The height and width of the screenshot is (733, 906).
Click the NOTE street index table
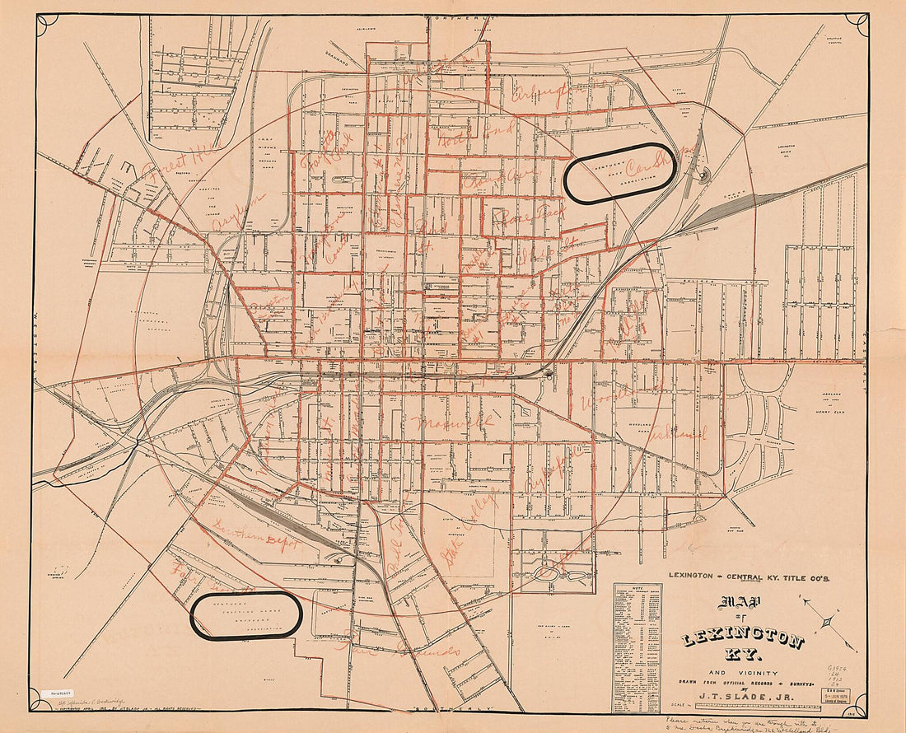(637, 647)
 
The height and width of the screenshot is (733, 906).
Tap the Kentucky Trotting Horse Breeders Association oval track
(246, 615)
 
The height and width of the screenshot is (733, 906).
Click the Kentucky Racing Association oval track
(620, 172)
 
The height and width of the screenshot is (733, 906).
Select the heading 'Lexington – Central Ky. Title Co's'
(750, 577)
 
